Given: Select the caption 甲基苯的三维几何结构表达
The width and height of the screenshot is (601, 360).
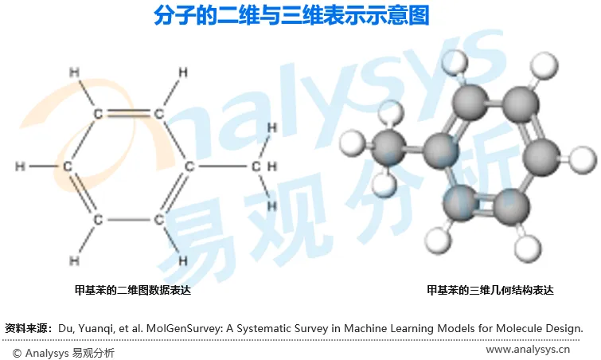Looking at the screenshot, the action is point(490,291).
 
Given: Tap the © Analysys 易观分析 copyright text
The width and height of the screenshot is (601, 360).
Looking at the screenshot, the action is point(63,351).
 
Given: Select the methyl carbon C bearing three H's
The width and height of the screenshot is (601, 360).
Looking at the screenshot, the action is point(256,166).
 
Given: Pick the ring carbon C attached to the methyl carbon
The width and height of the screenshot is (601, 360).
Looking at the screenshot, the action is point(189,166).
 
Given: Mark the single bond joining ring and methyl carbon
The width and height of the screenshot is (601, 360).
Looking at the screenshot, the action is point(222,166).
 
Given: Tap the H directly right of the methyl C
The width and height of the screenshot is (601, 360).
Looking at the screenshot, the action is point(272,166).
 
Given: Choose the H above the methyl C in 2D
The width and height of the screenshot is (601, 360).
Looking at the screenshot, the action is point(271,127).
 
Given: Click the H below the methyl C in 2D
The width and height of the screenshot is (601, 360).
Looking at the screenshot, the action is point(271,206).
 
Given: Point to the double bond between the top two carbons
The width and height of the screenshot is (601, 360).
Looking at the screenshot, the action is point(127,112).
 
